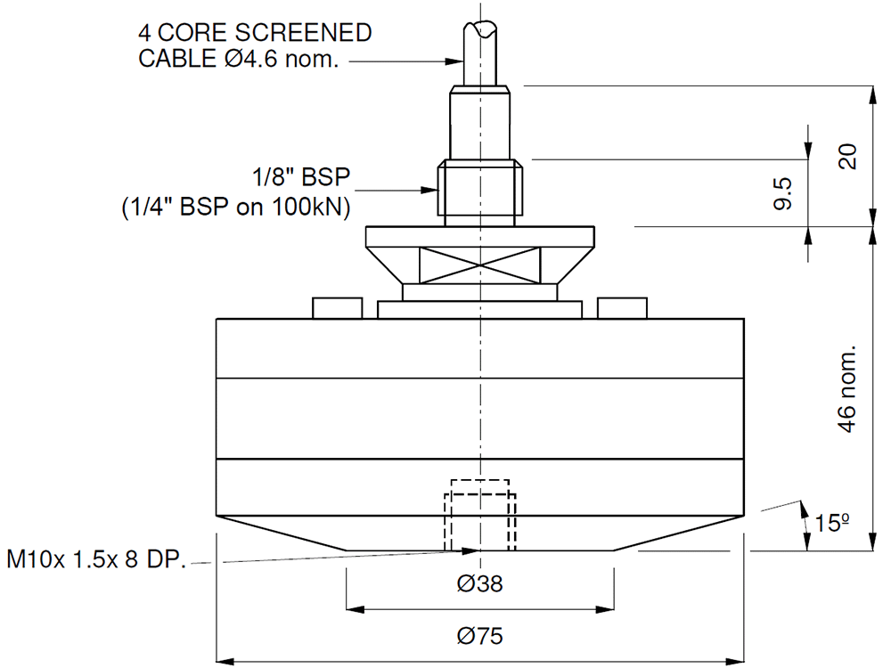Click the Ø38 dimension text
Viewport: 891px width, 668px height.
479,584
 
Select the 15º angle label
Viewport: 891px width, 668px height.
830,522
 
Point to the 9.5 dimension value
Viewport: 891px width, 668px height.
783,193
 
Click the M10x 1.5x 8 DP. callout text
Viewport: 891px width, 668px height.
95,561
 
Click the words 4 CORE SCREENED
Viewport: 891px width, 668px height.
255,34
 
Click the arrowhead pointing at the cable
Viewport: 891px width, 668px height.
453,61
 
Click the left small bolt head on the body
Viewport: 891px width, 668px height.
338,308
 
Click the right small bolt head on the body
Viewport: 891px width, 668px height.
622,308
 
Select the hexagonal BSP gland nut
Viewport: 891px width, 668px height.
480,190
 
